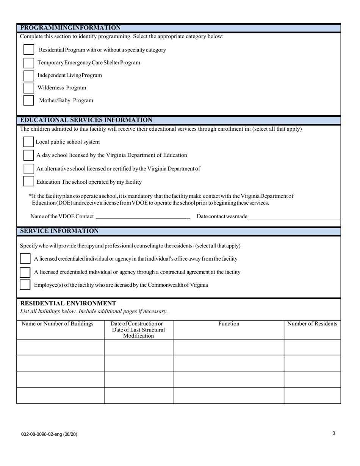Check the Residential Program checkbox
point(29,50)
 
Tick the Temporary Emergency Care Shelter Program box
point(29,63)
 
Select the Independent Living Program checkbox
point(29,75)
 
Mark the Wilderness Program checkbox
point(29,88)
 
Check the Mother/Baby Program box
point(29,100)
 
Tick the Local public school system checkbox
point(28,142)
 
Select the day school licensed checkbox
point(28,155)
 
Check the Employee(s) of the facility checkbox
point(25,285)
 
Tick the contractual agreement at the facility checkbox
point(25,272)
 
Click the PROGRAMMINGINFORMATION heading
point(70,28)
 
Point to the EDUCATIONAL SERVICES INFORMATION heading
point(86,120)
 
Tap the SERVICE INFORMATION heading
point(59,231)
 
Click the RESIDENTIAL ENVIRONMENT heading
point(68,303)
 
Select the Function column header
point(229,324)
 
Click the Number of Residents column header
point(312,324)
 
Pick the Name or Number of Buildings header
point(58,324)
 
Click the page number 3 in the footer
point(333,433)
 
